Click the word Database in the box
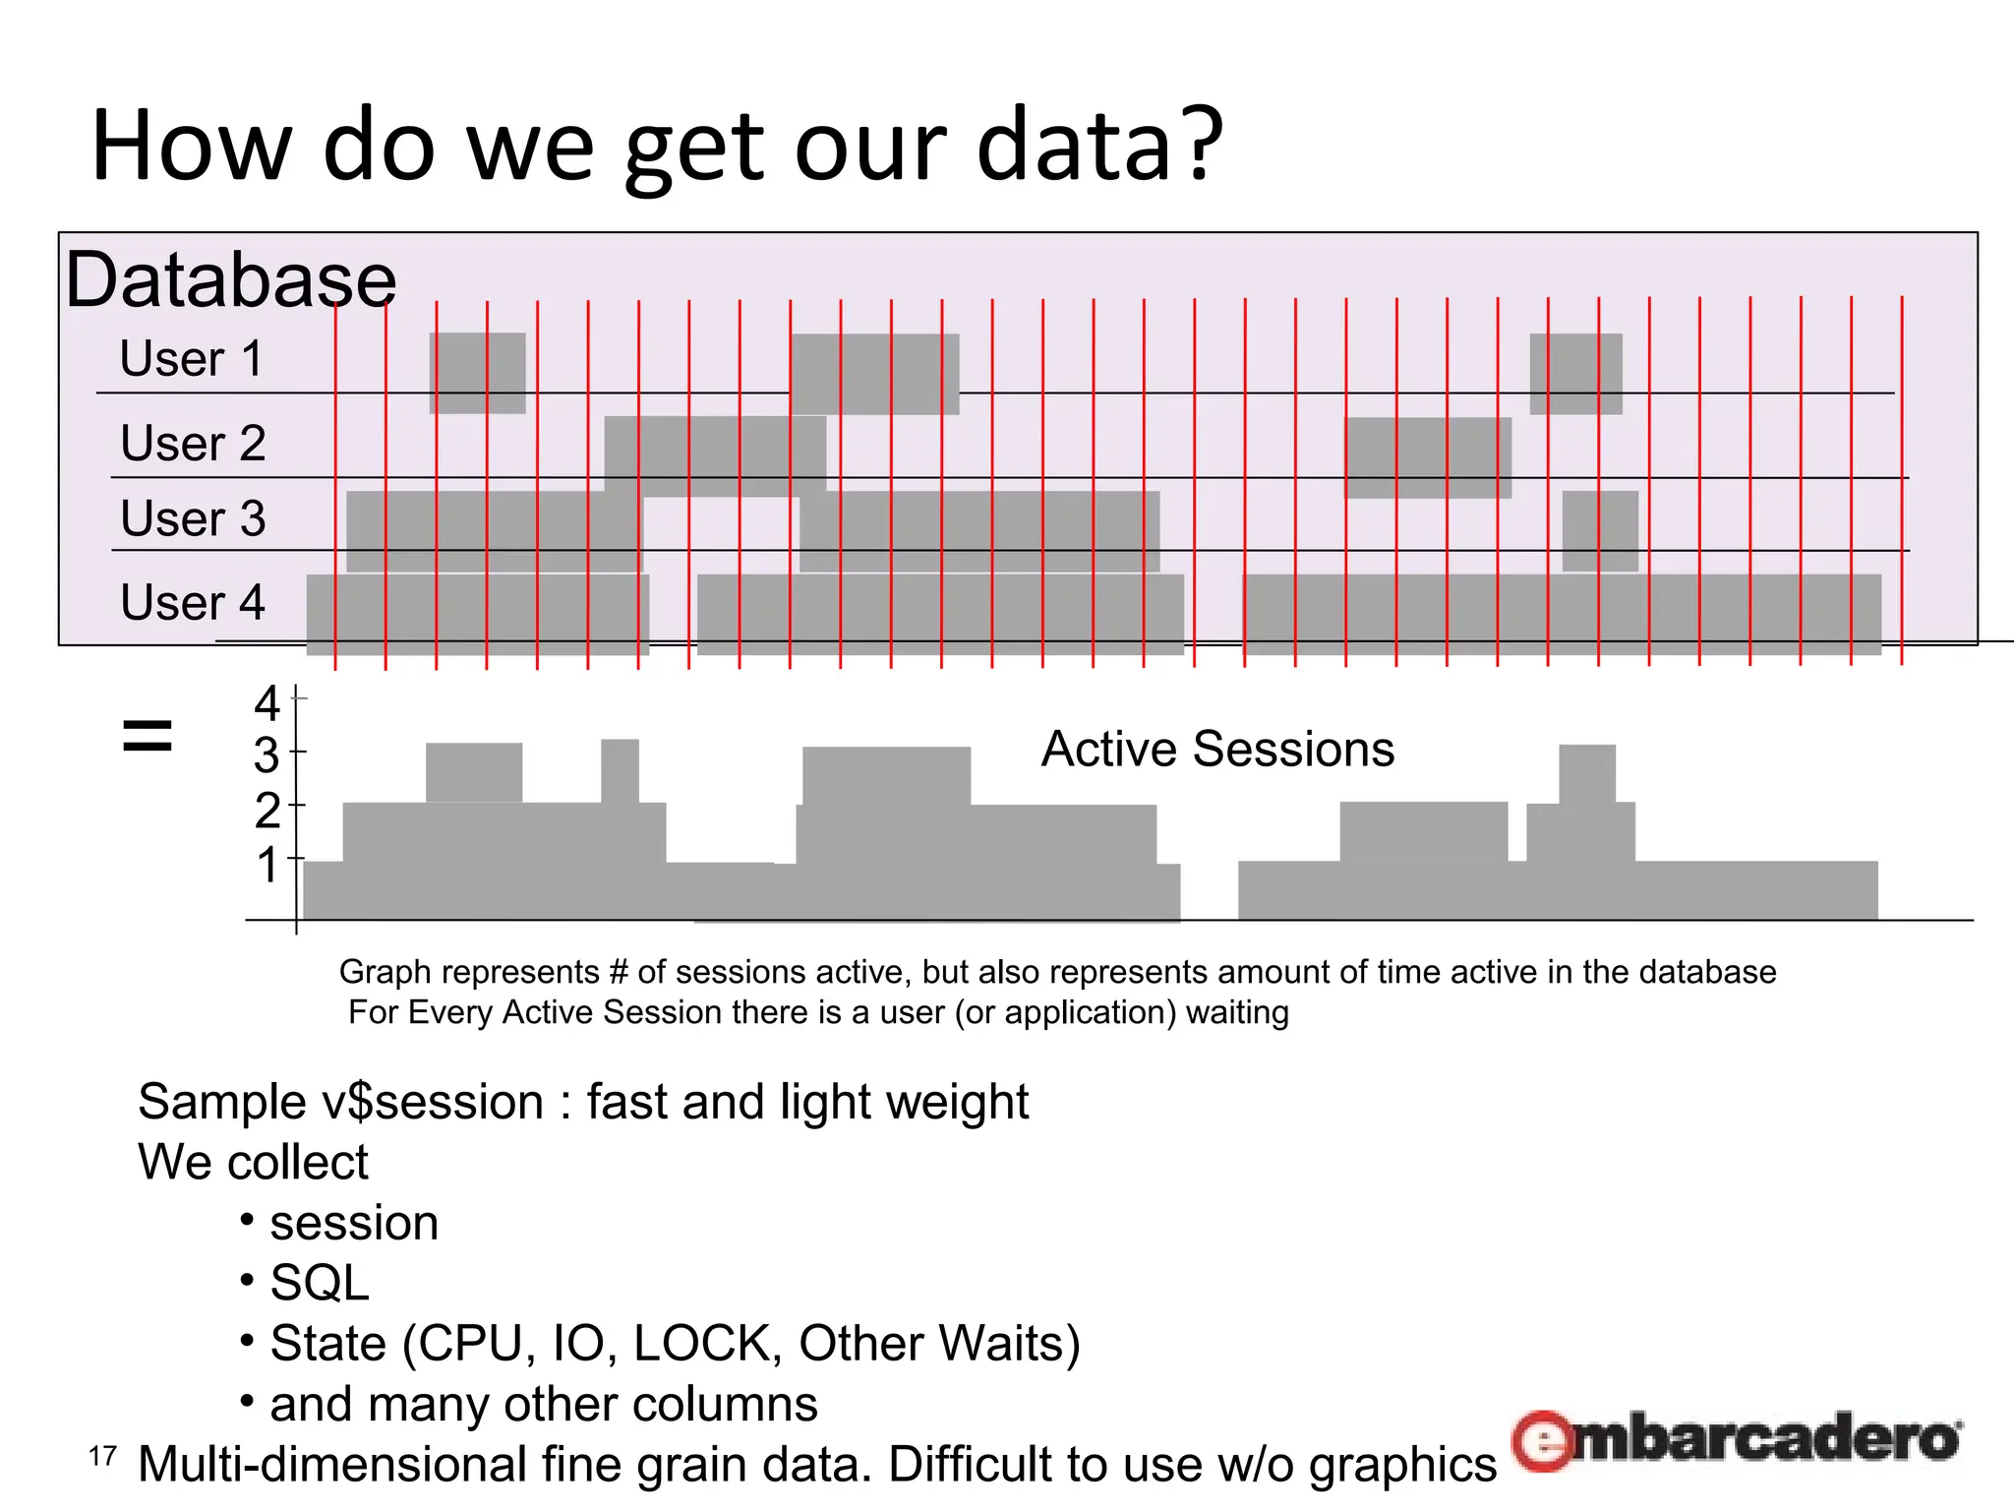click(x=230, y=280)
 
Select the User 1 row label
click(x=192, y=358)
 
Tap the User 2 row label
click(x=193, y=443)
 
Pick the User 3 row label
click(x=193, y=518)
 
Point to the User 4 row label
click(x=193, y=602)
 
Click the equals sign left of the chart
click(x=148, y=736)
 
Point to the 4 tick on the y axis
click(x=267, y=704)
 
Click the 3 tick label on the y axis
click(x=267, y=756)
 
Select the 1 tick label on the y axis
click(x=267, y=867)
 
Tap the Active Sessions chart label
click(x=1217, y=750)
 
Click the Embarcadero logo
click(x=1737, y=1440)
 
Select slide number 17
click(x=102, y=1457)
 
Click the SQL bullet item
click(x=320, y=1283)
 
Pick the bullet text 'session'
click(x=354, y=1223)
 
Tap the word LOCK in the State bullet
click(x=707, y=1344)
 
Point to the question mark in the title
click(x=1202, y=146)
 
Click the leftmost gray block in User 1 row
click(x=477, y=373)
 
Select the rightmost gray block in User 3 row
click(x=1600, y=530)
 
